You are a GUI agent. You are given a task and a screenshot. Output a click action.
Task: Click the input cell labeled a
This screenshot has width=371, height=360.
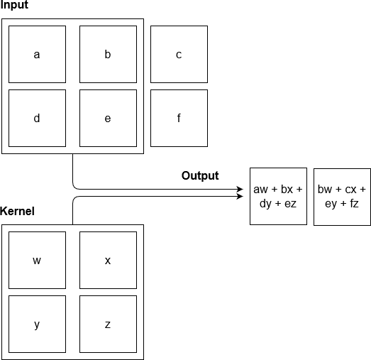37,54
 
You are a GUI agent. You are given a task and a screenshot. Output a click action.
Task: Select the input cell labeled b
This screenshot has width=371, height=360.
108,54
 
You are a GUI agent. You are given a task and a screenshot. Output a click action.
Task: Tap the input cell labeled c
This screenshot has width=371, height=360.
179,54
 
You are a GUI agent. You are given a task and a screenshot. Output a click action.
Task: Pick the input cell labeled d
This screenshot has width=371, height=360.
37,118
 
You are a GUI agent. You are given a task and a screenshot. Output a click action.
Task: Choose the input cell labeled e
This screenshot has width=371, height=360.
108,118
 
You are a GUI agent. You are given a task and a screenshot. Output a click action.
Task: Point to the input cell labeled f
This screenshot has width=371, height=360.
179,118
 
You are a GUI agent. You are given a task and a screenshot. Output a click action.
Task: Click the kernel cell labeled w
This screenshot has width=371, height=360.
37,260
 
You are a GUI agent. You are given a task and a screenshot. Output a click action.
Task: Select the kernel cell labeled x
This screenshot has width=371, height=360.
108,260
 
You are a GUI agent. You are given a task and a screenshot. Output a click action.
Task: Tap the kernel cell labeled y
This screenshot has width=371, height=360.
37,324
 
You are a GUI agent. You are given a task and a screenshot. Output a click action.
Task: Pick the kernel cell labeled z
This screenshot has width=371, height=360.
108,324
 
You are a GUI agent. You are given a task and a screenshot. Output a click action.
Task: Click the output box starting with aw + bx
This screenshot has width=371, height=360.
279,197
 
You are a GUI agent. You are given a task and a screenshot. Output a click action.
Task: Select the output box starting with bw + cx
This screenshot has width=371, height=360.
342,197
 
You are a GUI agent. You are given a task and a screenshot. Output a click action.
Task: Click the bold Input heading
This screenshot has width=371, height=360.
14,5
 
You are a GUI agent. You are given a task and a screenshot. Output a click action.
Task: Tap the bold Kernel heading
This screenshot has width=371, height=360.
17,211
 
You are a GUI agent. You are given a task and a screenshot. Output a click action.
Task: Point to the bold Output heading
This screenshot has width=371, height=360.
200,175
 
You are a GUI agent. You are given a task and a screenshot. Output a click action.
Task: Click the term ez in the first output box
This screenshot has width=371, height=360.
291,204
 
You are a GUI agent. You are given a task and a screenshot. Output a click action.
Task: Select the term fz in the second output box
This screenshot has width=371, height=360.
354,203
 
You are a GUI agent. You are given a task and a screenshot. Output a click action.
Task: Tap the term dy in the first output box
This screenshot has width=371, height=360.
265,204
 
